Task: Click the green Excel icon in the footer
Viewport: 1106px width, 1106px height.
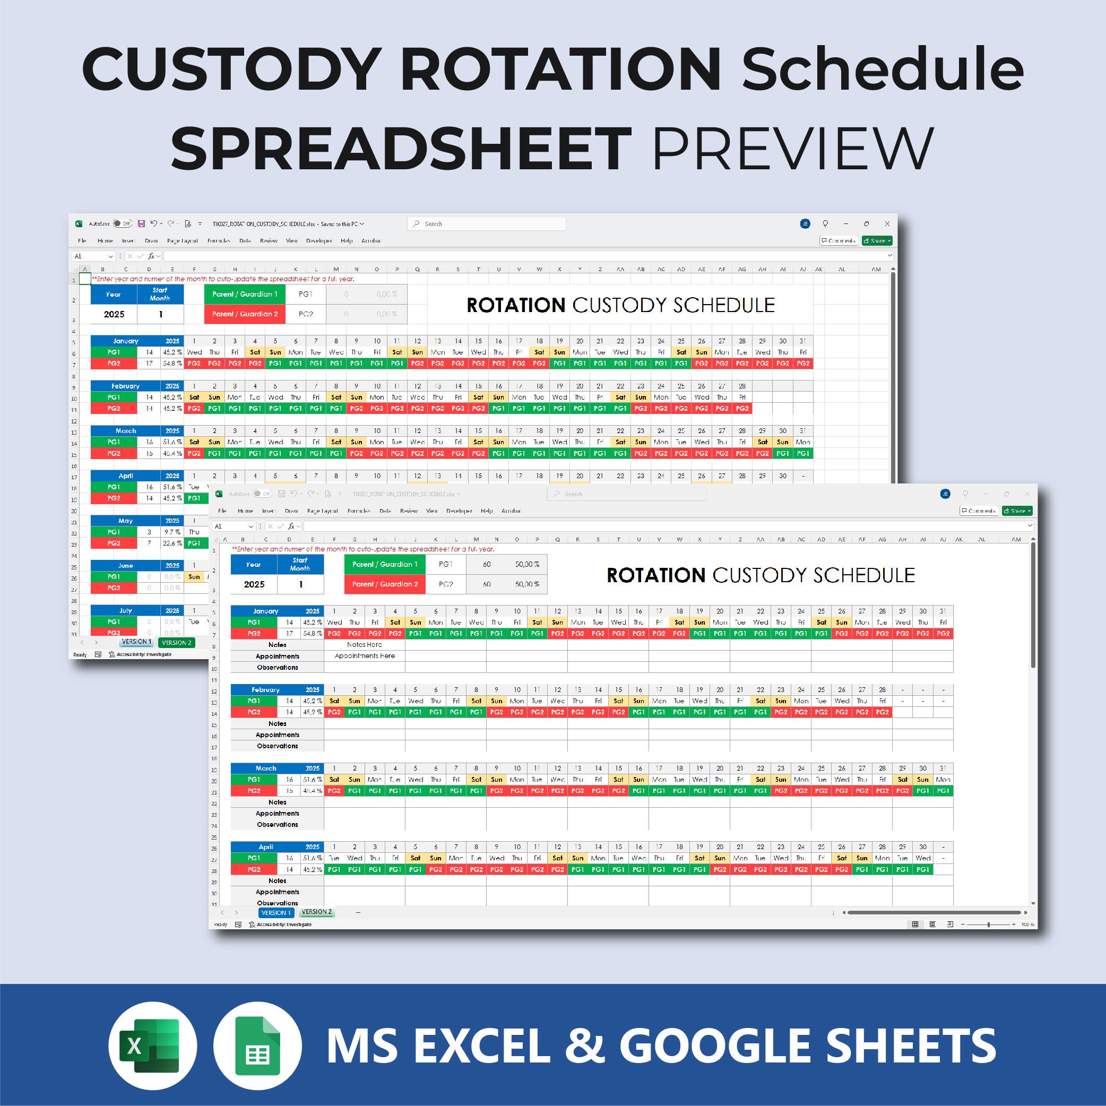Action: click(152, 1045)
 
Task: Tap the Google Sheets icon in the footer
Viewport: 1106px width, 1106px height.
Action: click(257, 1045)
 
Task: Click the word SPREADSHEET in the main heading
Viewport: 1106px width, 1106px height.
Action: click(401, 148)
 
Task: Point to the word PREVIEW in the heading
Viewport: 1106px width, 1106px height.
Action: click(793, 148)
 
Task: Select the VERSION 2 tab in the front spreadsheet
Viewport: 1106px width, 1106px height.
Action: click(317, 912)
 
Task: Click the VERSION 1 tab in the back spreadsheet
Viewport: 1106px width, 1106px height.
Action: click(136, 642)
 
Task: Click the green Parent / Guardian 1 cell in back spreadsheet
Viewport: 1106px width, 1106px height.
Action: click(245, 294)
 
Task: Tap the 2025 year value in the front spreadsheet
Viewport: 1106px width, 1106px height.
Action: click(254, 584)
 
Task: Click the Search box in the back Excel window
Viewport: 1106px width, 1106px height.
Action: click(487, 224)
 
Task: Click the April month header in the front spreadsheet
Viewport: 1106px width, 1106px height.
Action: click(266, 846)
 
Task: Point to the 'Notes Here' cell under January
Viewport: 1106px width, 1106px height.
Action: click(364, 645)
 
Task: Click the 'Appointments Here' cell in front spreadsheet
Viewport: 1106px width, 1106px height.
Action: click(364, 656)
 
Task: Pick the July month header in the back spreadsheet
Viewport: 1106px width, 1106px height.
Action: click(125, 610)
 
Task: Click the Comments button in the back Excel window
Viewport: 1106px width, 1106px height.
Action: click(839, 240)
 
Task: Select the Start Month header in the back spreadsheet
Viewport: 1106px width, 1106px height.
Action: click(160, 294)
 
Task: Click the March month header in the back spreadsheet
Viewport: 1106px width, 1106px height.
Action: click(125, 430)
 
